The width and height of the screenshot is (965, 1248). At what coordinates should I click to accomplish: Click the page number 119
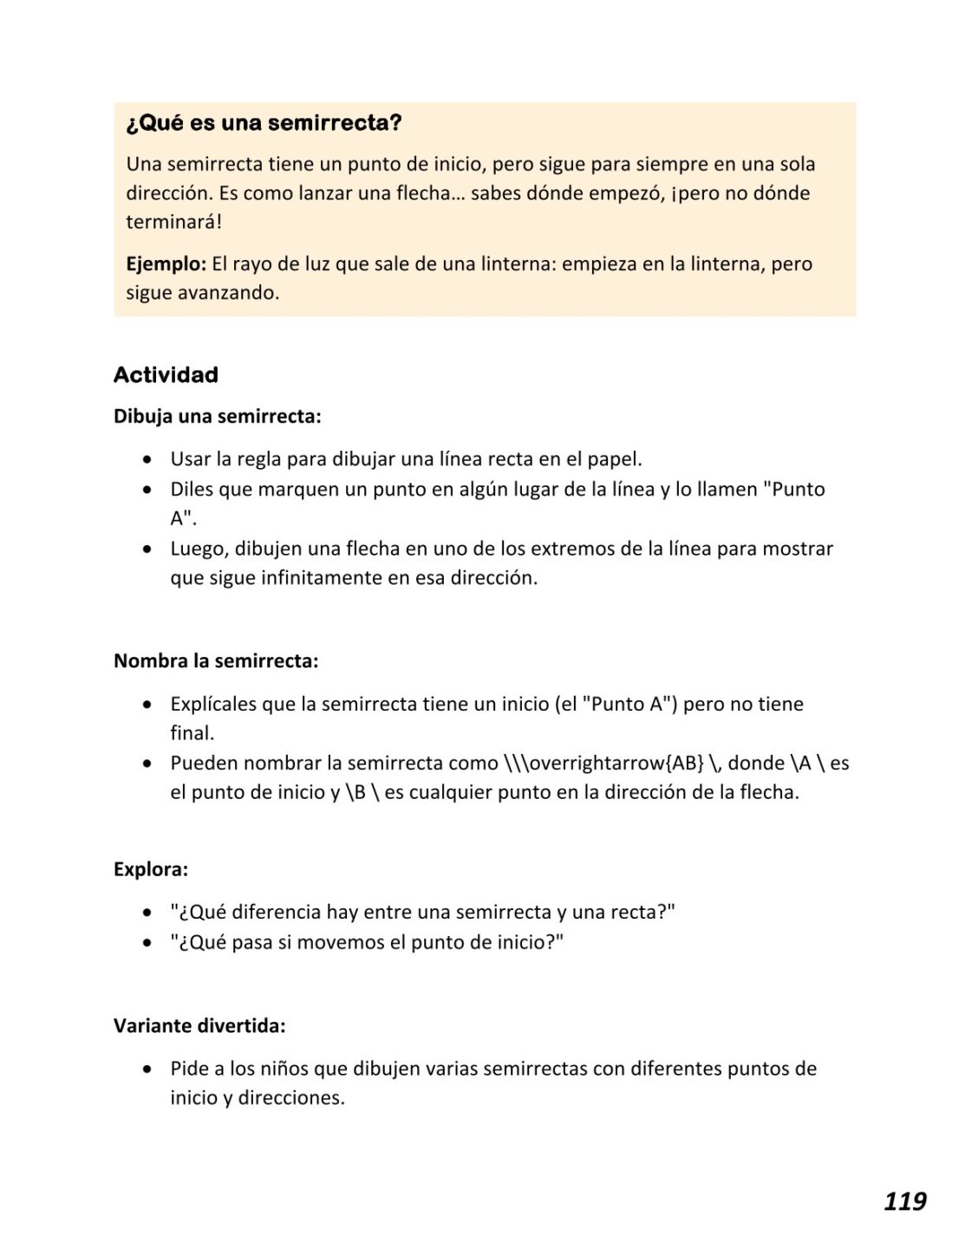904,1201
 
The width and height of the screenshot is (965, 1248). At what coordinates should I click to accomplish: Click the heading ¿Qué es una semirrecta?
264,123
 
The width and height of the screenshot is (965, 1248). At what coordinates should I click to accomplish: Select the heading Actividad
166,375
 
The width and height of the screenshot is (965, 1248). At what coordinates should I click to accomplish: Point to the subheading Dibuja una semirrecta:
218,417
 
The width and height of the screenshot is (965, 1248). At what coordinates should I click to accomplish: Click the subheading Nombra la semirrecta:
216,661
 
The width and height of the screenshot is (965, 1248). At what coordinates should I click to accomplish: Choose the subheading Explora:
151,869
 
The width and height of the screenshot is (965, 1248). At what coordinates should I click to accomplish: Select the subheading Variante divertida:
199,1026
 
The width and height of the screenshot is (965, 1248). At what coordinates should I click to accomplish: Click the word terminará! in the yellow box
173,222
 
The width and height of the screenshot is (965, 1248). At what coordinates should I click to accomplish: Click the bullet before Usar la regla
150,459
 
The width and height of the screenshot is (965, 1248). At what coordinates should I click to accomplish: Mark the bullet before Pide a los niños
150,1069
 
